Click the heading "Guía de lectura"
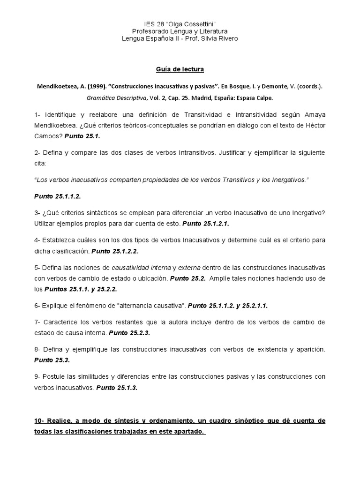180,69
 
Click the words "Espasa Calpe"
253,98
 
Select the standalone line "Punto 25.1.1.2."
54,196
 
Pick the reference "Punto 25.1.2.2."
115,251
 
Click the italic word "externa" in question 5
189,267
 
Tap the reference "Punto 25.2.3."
129,333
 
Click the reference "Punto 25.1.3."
117,388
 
